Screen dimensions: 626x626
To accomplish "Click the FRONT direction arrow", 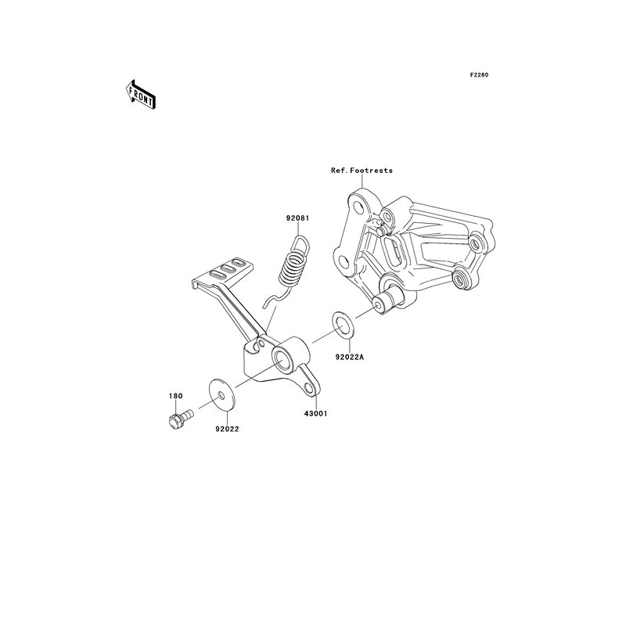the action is coord(140,95).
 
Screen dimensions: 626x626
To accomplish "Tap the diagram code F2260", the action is coord(479,74).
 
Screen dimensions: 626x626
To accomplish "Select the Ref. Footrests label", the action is coord(362,170).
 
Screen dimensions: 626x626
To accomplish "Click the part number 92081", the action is coord(297,218).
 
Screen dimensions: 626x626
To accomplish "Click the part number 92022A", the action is coord(349,358).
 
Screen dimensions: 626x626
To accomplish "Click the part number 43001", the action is coord(315,414).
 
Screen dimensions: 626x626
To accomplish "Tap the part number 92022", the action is coord(227,429).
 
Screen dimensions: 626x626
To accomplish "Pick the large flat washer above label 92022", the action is coord(221,395).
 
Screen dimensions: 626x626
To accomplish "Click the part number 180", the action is coord(175,396).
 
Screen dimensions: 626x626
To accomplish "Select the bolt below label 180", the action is coord(181,419).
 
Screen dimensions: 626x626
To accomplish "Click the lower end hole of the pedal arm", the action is coord(308,387).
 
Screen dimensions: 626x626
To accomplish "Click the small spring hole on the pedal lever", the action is coord(261,343).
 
